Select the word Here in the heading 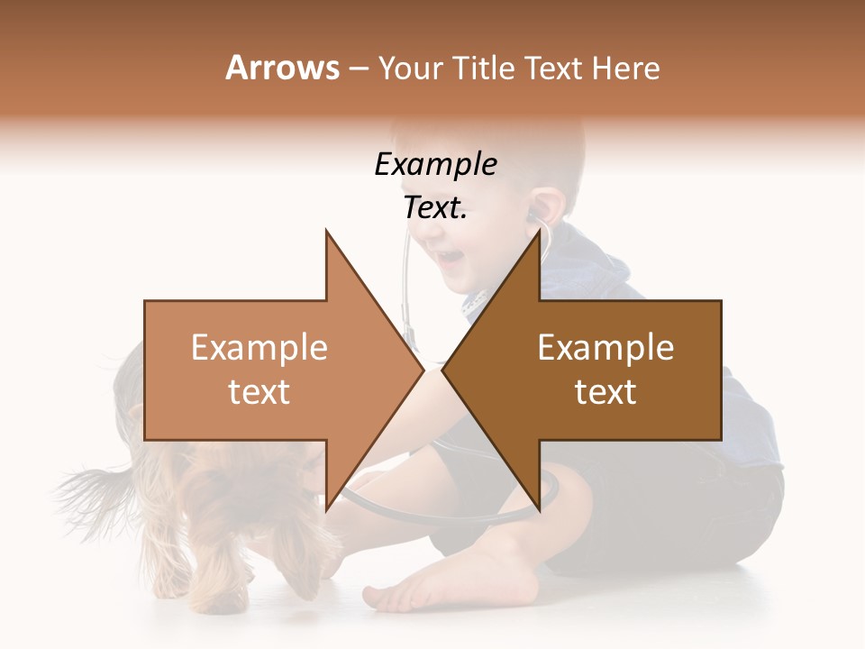627,69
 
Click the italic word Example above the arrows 435,165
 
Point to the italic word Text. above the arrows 435,208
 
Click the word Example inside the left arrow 259,348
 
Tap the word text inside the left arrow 259,392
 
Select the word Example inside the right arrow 605,348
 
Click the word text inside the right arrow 605,392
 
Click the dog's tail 90,487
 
